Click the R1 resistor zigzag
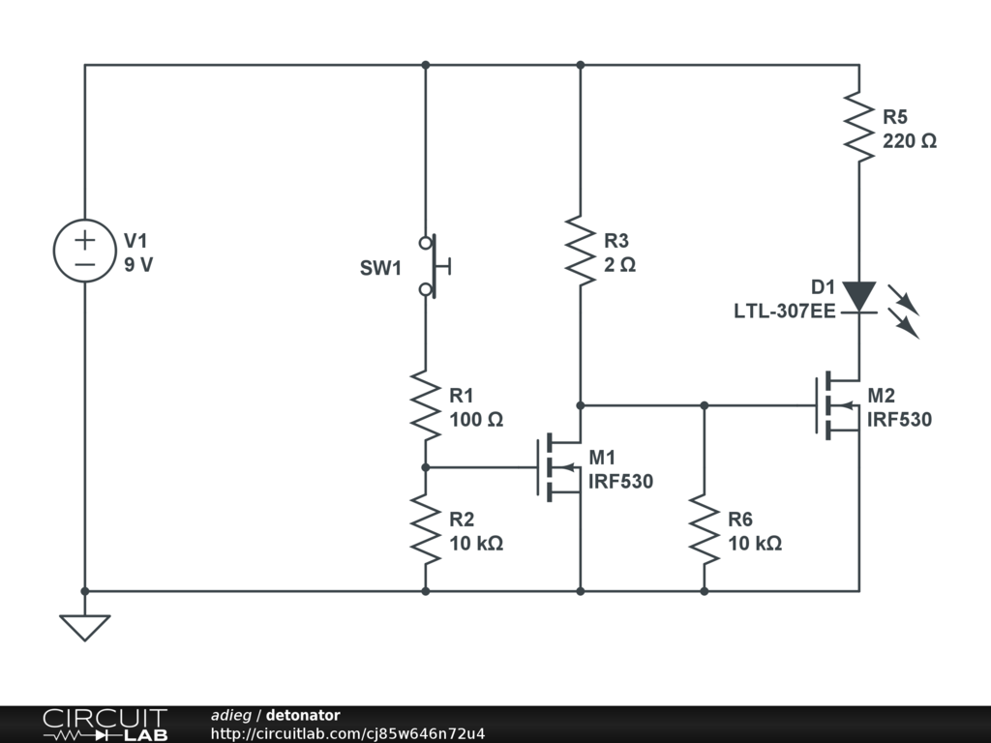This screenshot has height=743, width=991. coord(426,405)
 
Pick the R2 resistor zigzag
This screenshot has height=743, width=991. coord(426,529)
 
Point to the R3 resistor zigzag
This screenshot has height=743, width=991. coord(581,251)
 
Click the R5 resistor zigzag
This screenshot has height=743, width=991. coord(859,127)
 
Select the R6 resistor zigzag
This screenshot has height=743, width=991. coord(705,529)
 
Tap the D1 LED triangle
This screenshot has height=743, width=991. coord(859,297)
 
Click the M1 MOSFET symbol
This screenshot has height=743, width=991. coord(559,467)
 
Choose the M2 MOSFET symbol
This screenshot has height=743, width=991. coord(838,405)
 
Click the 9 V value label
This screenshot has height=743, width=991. coord(138,265)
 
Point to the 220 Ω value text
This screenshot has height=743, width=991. coord(910,141)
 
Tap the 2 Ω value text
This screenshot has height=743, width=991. coord(620,265)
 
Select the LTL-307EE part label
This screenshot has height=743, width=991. coord(784,311)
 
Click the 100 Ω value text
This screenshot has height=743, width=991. coord(476,420)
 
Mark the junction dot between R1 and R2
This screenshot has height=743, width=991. coord(426,467)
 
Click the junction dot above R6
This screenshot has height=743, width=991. coord(705,405)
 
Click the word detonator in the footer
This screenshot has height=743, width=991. coord(303,715)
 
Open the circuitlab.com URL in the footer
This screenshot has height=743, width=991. coord(347,733)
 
